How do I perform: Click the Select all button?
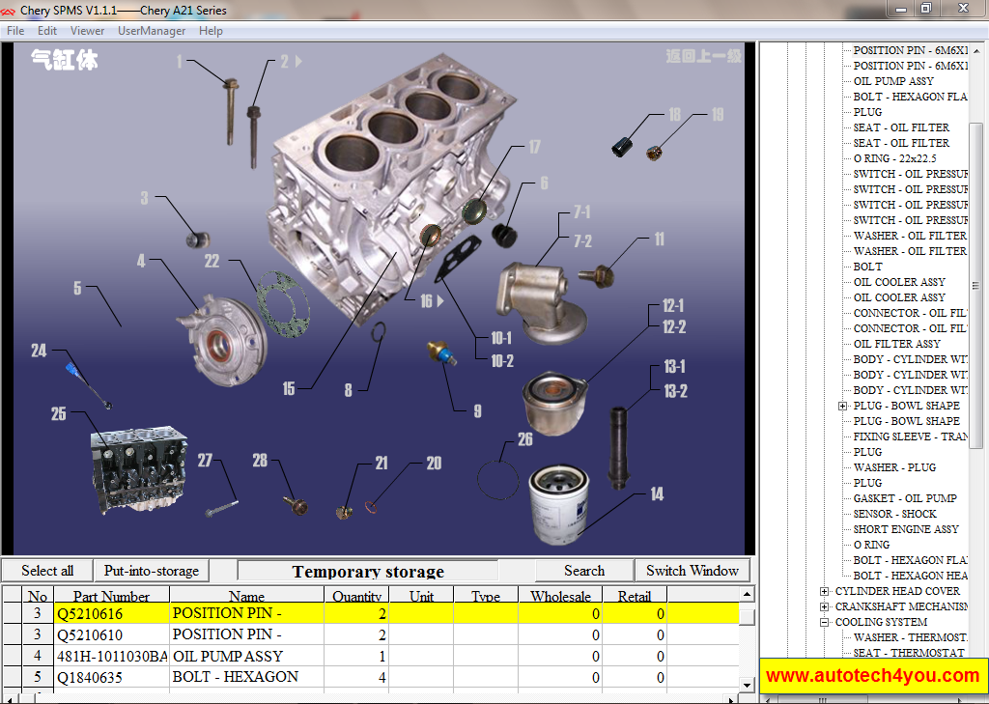[x=47, y=571]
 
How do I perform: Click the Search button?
[x=584, y=571]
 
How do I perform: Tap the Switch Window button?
[x=692, y=571]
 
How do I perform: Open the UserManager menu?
[x=152, y=31]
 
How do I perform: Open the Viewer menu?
[x=88, y=31]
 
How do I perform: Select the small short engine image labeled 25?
[x=129, y=471]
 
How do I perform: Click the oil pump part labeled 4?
[x=220, y=333]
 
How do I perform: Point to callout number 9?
[x=477, y=411]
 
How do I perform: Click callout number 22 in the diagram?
[x=212, y=261]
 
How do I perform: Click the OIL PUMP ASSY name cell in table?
[x=228, y=656]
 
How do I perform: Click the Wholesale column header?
[x=559, y=597]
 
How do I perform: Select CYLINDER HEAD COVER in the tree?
[x=897, y=591]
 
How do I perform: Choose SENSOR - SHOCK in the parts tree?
[x=894, y=514]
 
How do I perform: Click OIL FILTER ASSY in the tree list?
[x=896, y=344]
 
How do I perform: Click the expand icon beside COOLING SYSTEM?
[x=824, y=622]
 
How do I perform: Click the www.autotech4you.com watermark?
[x=872, y=675]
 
